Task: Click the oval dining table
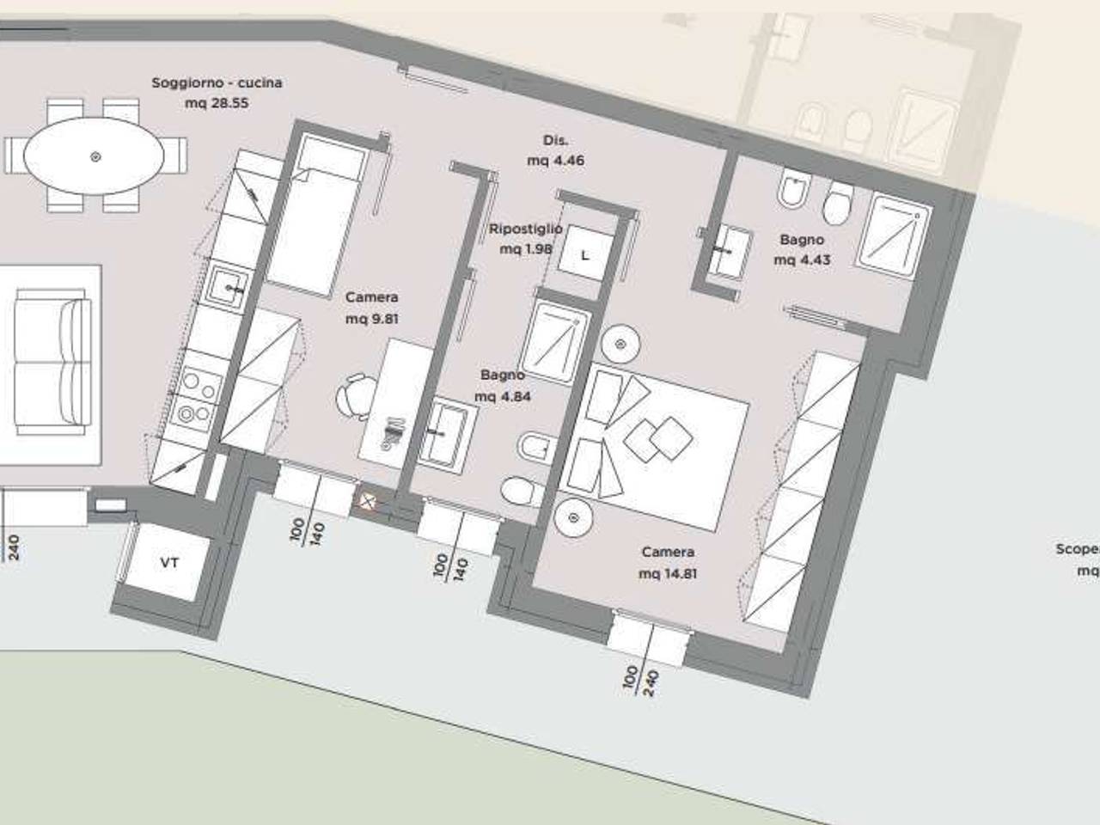(x=94, y=156)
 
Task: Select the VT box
(x=169, y=563)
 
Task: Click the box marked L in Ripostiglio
(x=585, y=255)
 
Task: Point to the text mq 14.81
(x=668, y=573)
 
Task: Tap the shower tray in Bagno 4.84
(x=557, y=340)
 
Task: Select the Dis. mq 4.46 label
(x=556, y=150)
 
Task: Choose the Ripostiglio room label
(x=526, y=229)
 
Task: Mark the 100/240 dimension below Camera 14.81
(x=642, y=679)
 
